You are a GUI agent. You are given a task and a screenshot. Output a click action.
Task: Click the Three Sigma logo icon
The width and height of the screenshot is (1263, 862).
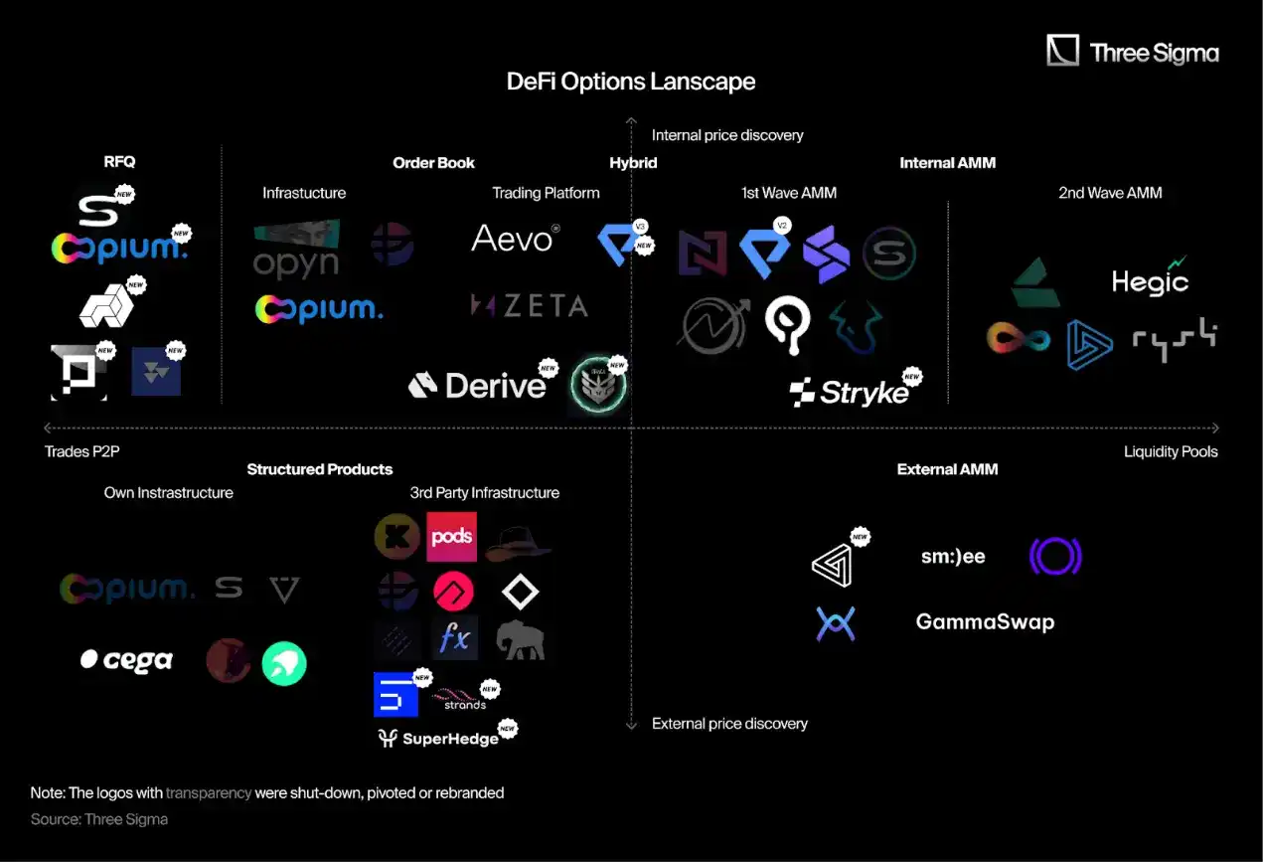tap(1062, 51)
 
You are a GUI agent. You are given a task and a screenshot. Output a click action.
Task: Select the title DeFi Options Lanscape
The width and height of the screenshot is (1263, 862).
tap(631, 82)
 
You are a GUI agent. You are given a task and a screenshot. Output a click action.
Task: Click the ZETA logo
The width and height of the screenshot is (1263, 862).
tap(529, 305)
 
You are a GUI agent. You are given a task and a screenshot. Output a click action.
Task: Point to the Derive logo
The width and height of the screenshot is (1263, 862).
tap(478, 385)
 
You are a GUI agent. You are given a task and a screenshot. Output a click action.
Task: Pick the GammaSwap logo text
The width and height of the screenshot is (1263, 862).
tap(985, 622)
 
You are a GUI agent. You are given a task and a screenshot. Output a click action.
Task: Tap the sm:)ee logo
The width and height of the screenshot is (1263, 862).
tap(953, 557)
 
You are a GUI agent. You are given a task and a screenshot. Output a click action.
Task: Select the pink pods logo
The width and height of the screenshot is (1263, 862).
tap(451, 537)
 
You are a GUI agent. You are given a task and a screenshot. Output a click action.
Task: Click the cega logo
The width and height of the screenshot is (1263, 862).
tap(126, 660)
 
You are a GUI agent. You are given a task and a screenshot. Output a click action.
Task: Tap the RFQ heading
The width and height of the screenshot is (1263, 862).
tap(119, 161)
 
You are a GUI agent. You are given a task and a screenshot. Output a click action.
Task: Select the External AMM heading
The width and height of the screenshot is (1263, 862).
tap(947, 469)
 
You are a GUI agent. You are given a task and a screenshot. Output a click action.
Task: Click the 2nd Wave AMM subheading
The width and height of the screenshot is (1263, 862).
tap(1110, 193)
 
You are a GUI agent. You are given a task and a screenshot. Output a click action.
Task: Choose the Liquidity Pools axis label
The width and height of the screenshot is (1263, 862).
tap(1171, 451)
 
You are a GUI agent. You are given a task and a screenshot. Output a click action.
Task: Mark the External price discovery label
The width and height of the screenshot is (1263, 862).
tap(729, 724)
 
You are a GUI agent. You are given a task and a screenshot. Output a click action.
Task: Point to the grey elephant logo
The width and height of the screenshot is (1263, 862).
tap(521, 638)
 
